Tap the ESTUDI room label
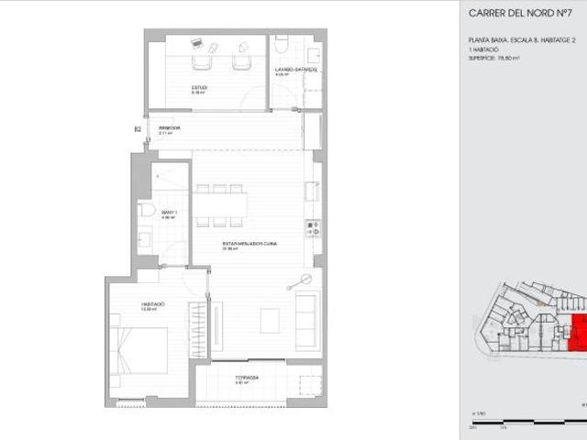198,88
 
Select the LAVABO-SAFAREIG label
295,70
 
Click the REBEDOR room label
169,128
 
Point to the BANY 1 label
168,214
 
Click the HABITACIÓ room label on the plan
152,304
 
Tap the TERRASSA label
246,378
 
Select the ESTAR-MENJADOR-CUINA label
250,244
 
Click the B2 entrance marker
138,129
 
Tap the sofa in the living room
308,311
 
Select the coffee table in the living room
271,320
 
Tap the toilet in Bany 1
147,212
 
